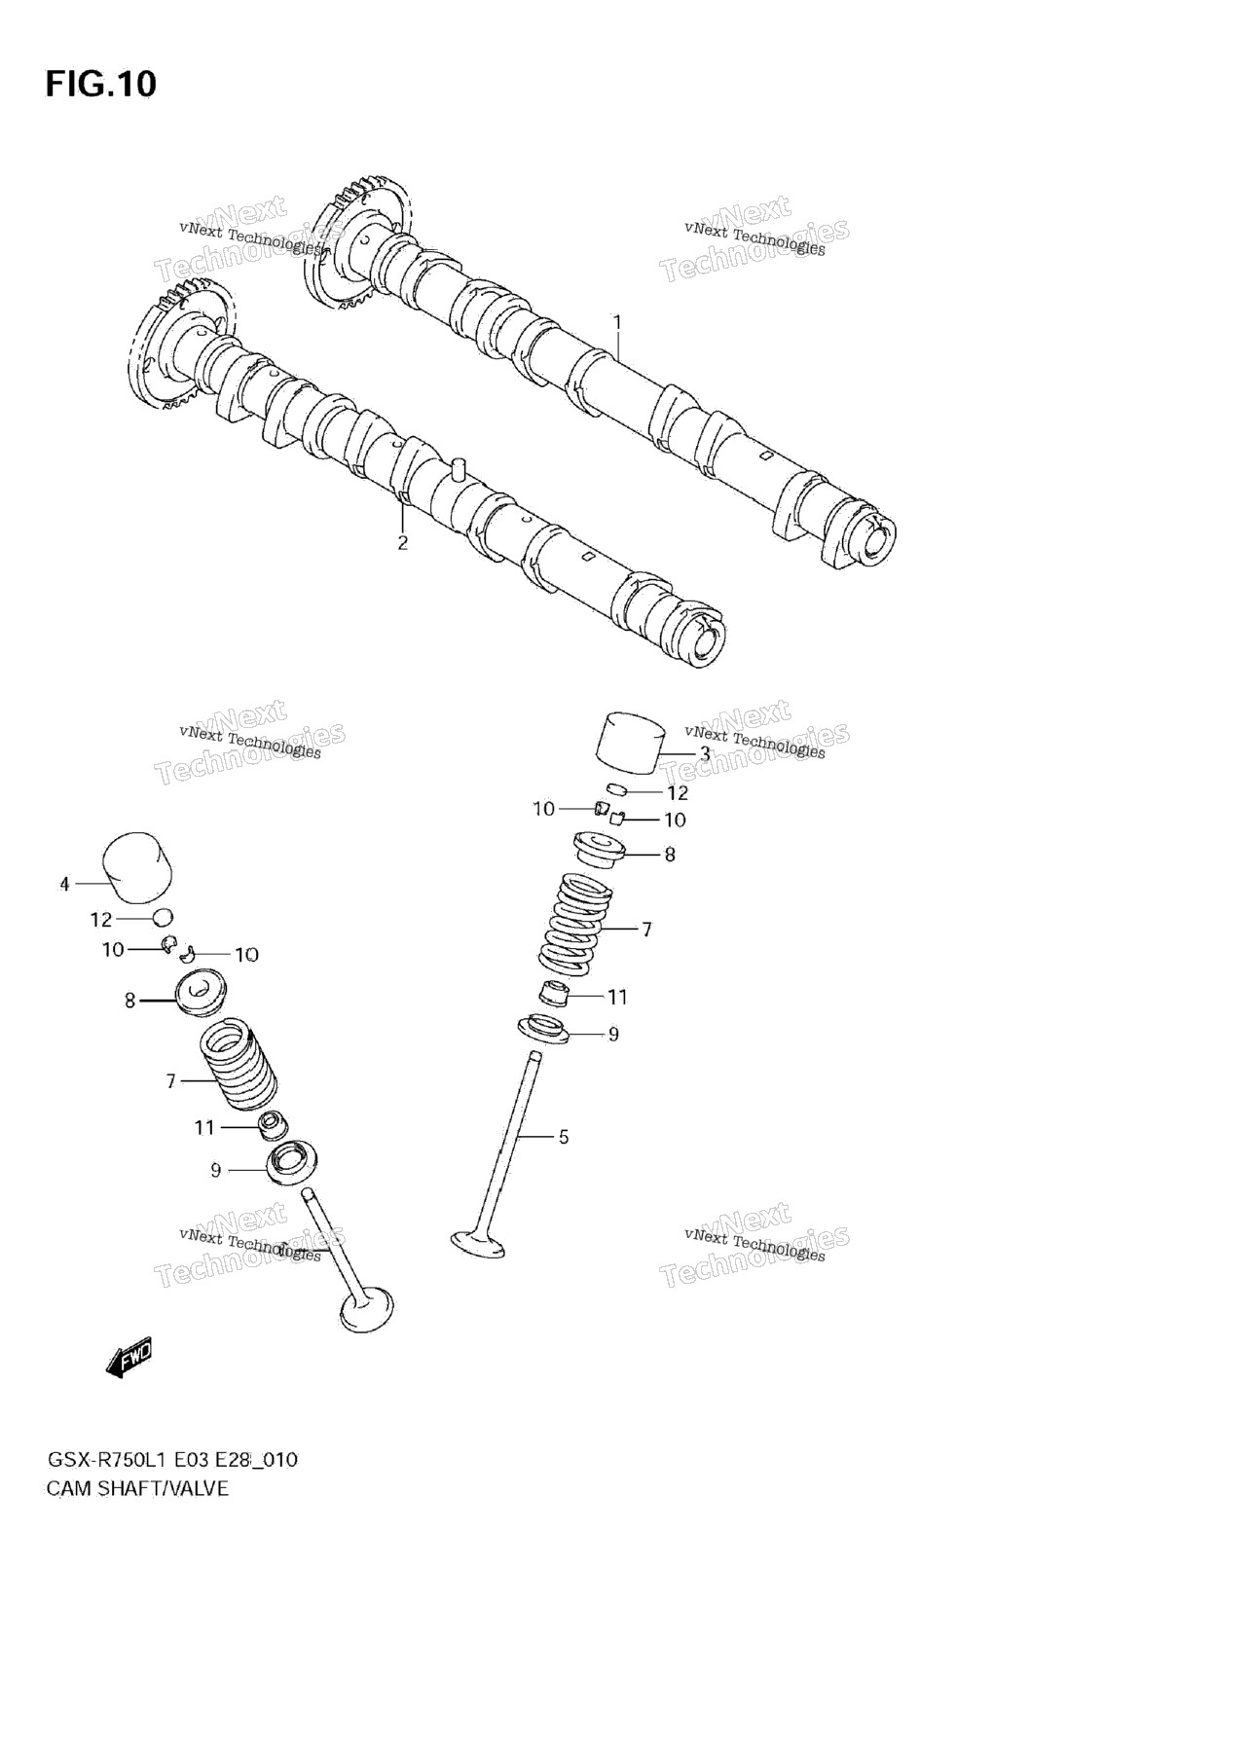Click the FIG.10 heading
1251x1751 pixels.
point(100,84)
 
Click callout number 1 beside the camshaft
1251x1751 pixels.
point(616,321)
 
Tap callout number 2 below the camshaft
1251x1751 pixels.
point(402,543)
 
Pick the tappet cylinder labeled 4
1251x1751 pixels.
point(137,865)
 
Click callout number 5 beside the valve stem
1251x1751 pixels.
point(563,1137)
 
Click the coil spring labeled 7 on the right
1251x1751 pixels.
point(575,924)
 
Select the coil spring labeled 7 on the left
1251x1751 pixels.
point(238,1067)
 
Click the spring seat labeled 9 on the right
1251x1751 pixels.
point(543,1029)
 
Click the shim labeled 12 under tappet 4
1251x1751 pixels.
point(163,917)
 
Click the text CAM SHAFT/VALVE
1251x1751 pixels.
point(137,1488)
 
